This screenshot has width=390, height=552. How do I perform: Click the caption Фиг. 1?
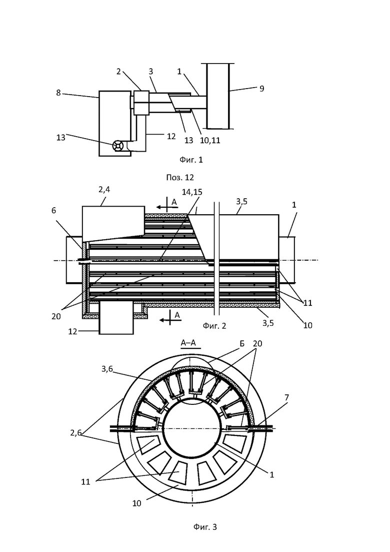[191, 160]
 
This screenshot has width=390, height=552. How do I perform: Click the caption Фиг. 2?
[214, 326]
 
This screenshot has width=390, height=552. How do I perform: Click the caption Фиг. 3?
[205, 526]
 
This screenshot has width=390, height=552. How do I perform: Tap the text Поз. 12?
[180, 178]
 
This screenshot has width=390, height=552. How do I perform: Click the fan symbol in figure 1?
[118, 146]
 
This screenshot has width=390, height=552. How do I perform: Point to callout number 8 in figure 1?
[58, 93]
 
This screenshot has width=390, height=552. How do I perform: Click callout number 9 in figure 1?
[261, 89]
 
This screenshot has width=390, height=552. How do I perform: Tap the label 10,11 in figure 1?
[210, 140]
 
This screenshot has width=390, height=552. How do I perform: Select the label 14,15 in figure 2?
[192, 192]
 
